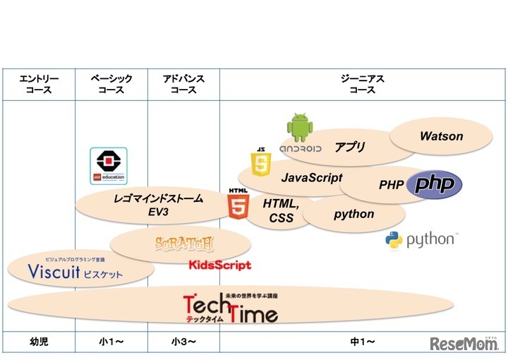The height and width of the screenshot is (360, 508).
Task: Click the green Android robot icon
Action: click(x=300, y=127)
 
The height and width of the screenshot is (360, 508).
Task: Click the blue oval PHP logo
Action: click(x=437, y=184)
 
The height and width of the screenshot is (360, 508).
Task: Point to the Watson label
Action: click(x=441, y=136)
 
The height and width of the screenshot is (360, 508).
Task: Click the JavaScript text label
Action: click(x=311, y=178)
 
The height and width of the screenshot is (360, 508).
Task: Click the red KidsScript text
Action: click(x=219, y=265)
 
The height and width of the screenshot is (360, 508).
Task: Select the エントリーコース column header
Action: click(x=39, y=85)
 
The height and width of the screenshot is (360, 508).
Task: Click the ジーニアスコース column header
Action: click(x=363, y=85)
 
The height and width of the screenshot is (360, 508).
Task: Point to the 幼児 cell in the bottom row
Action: click(x=39, y=342)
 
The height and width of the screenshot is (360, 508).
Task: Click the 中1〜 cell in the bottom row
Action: click(x=363, y=342)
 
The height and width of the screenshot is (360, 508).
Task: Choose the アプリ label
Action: click(x=350, y=147)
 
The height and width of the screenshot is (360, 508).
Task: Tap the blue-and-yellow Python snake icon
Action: click(x=394, y=241)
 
